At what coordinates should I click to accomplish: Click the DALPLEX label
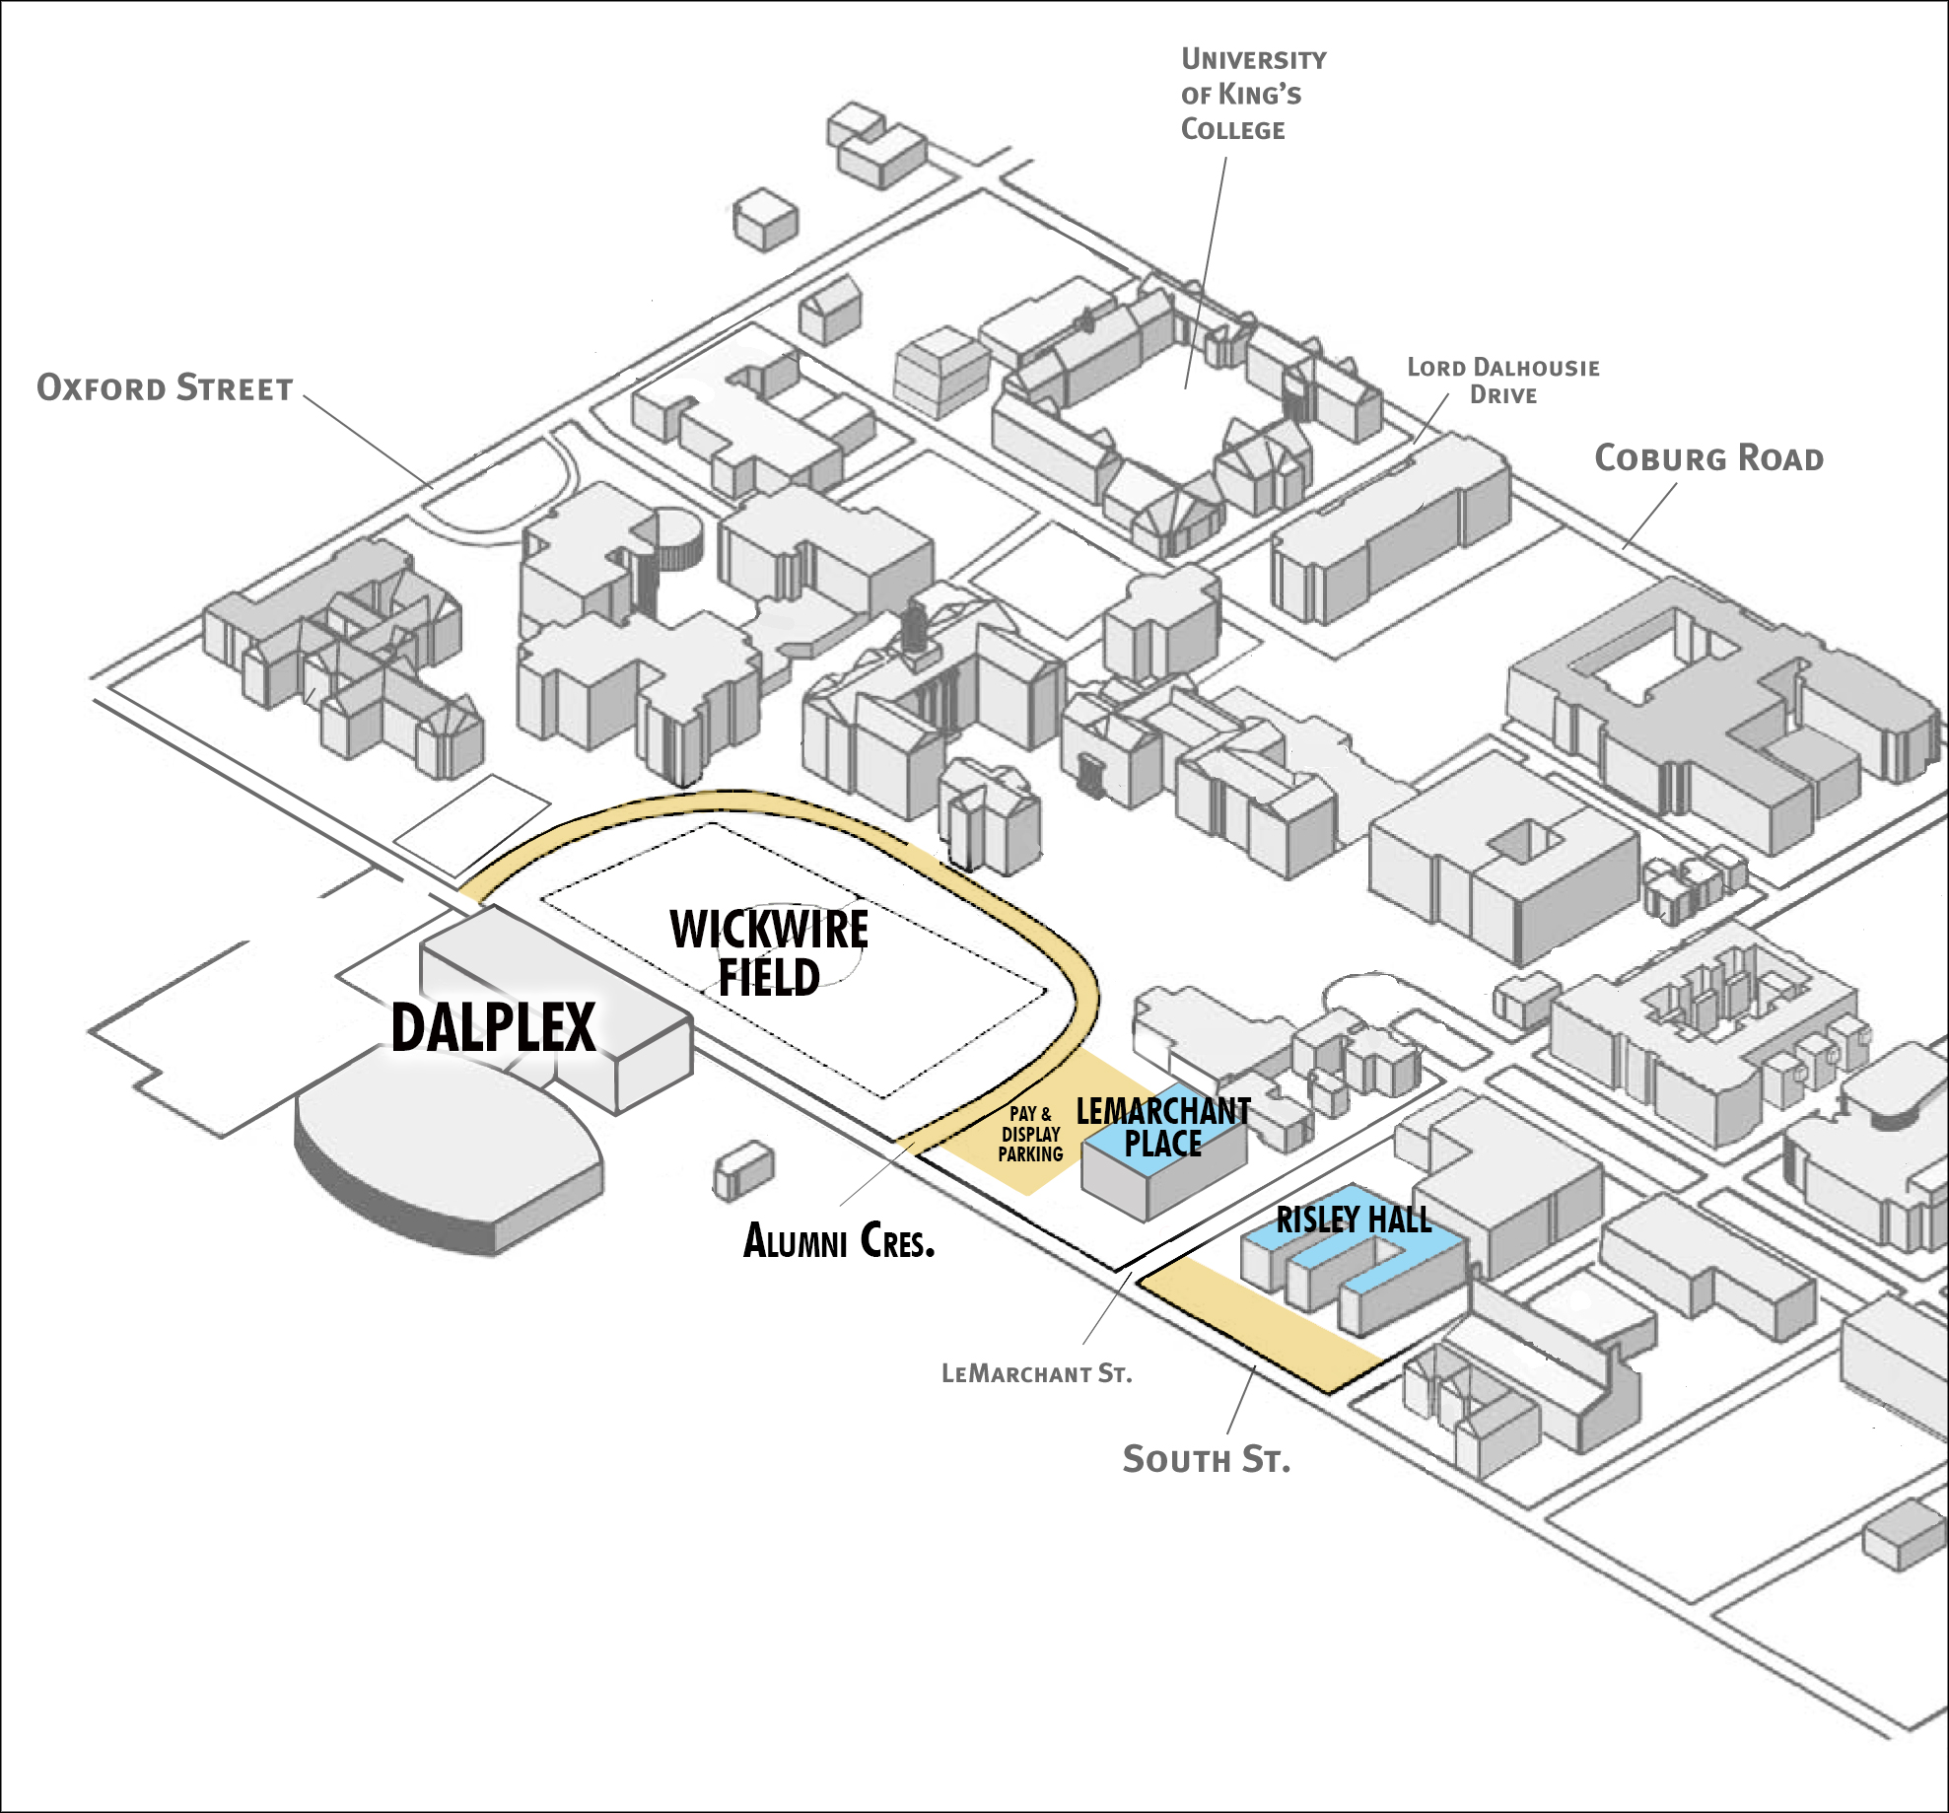click(x=493, y=1027)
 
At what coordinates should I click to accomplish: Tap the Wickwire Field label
click(x=769, y=953)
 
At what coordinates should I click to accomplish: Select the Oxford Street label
click(x=165, y=387)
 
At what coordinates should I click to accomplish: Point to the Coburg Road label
click(x=1708, y=457)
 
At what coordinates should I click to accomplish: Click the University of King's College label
click(x=1252, y=94)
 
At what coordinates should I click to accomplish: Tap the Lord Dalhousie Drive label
click(x=1502, y=381)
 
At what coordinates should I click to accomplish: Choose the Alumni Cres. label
click(x=838, y=1240)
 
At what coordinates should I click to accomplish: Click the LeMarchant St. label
click(x=1036, y=1373)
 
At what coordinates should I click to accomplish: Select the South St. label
click(x=1206, y=1459)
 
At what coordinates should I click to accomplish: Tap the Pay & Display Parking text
click(x=1030, y=1135)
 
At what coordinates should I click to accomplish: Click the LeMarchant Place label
click(x=1162, y=1127)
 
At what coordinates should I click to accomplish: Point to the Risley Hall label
click(x=1353, y=1220)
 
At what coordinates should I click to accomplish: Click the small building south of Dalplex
click(x=743, y=1170)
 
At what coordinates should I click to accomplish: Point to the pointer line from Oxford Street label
click(x=367, y=441)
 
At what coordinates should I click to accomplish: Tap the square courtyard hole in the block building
click(x=1525, y=840)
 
